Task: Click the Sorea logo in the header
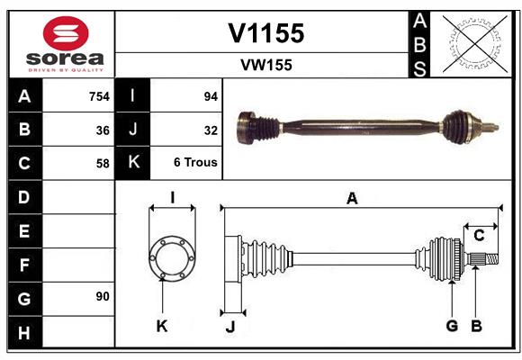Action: (65, 43)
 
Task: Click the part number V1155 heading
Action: (265, 33)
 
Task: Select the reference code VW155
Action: (265, 65)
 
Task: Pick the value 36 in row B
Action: (103, 130)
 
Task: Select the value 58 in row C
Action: (103, 164)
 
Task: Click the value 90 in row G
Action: (102, 296)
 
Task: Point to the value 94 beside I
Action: (211, 95)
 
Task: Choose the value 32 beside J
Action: (211, 130)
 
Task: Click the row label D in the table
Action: (23, 196)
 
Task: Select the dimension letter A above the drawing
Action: (352, 198)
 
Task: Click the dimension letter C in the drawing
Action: (480, 236)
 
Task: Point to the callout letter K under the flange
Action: (162, 327)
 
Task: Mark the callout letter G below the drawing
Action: (452, 326)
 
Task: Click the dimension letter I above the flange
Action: (171, 197)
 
